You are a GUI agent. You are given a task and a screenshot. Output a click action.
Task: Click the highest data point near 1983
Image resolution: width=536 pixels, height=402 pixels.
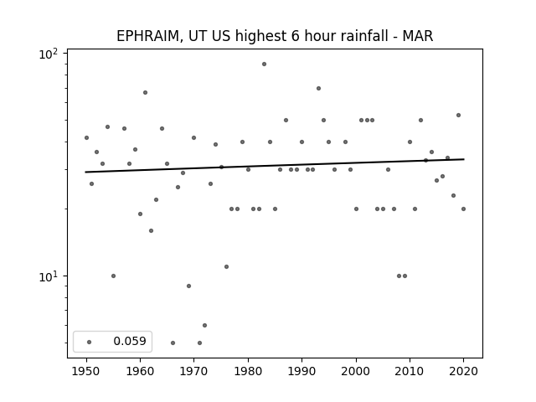(264, 64)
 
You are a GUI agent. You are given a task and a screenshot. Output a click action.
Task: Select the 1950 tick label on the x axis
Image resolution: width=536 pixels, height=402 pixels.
(86, 371)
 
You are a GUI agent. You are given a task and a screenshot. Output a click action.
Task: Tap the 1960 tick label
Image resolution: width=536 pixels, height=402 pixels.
(140, 371)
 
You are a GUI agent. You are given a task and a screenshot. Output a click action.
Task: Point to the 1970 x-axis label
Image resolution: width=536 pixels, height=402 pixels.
(193, 371)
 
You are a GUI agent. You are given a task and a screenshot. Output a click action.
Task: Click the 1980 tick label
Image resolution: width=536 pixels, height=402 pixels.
(248, 371)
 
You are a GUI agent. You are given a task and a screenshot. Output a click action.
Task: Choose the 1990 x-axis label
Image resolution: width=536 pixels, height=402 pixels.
(301, 371)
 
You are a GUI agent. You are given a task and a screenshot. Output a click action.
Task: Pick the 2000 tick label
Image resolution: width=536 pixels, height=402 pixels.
(356, 371)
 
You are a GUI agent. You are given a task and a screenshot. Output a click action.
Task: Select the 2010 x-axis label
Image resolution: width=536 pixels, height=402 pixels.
(410, 371)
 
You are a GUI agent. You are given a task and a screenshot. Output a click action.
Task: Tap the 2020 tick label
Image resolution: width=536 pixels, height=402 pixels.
(463, 371)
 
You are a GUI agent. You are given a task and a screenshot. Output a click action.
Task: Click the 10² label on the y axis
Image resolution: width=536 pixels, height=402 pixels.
(49, 54)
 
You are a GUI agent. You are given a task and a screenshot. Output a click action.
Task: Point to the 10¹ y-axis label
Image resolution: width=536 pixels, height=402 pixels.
(49, 276)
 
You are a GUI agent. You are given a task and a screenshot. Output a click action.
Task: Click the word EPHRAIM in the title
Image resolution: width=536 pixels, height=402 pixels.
(147, 36)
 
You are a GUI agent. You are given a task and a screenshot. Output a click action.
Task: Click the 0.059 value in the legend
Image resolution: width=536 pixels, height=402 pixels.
(130, 341)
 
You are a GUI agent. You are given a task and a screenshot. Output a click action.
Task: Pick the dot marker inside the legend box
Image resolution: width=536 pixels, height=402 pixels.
(90, 342)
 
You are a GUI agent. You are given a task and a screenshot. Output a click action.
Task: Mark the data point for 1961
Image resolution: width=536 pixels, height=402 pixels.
(145, 92)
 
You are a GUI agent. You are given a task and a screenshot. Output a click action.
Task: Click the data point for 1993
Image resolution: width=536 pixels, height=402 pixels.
(318, 88)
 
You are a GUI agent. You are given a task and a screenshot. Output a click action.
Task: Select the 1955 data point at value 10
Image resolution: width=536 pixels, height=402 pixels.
(114, 276)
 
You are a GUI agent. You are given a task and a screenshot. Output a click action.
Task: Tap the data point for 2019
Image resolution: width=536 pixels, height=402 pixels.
(458, 116)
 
